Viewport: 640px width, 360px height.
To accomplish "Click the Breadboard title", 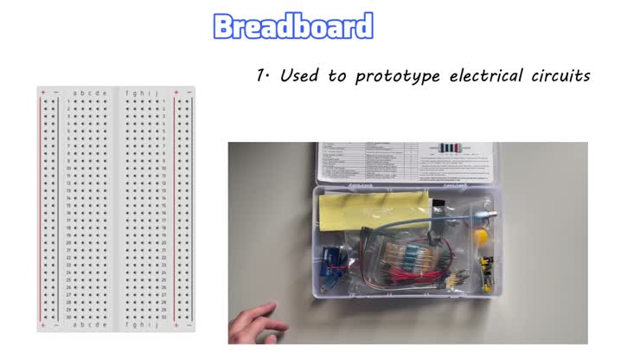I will point(292,26).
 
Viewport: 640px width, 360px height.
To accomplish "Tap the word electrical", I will point(485,76).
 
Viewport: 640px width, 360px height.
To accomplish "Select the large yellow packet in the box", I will point(374,210).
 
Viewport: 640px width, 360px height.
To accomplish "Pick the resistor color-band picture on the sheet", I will point(451,147).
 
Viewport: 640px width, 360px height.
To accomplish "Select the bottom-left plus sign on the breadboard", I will point(42,325).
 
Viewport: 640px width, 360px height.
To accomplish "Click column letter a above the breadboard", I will point(76,93).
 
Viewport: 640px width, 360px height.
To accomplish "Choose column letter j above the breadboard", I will point(157,93).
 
